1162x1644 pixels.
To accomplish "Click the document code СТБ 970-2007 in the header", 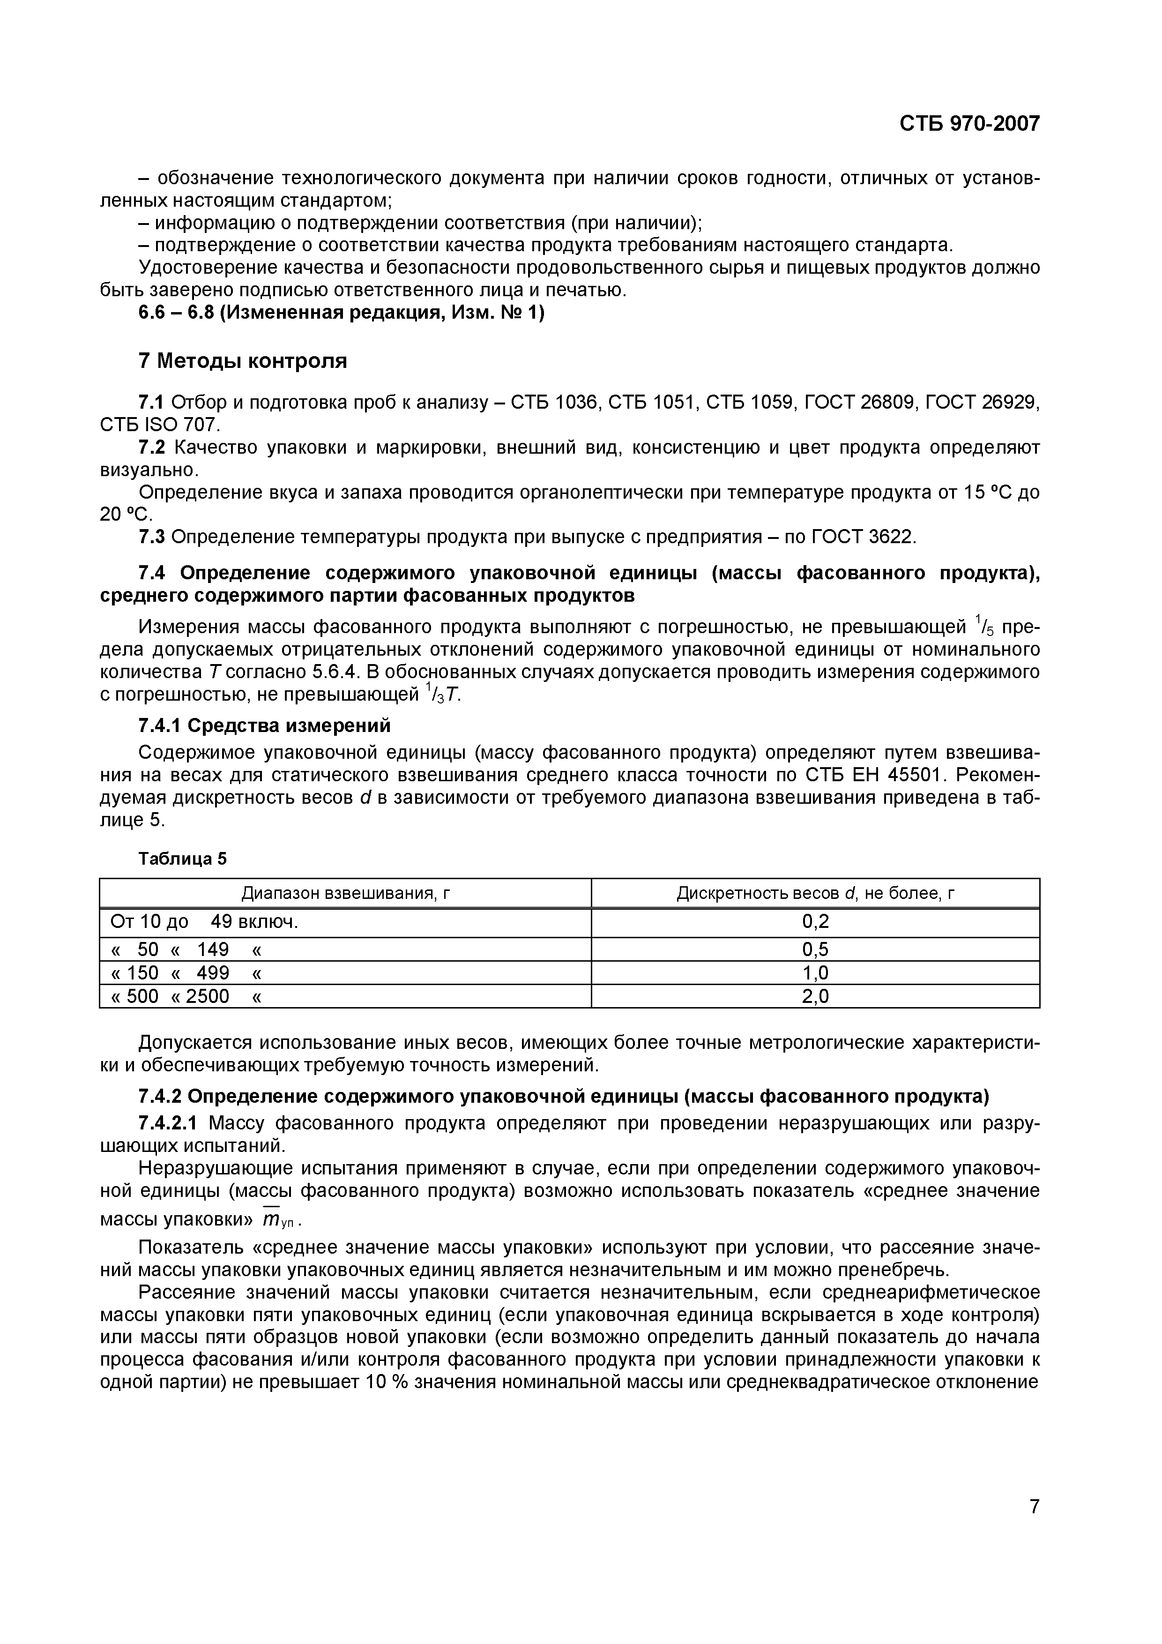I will click(968, 124).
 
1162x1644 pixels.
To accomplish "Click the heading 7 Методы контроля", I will click(242, 361).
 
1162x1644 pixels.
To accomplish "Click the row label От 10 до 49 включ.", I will click(204, 922).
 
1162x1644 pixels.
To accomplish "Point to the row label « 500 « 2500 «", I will click(186, 996).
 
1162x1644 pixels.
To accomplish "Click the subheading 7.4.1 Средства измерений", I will click(264, 725).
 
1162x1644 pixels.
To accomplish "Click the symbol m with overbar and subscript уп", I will click(275, 1218).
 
